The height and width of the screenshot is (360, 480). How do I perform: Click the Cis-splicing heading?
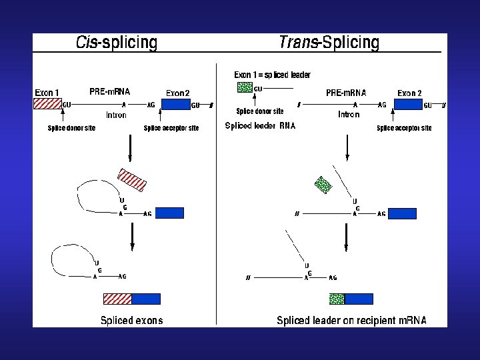117,43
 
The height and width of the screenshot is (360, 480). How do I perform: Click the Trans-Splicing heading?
329,43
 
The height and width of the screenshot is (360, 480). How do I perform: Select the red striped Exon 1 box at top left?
47,103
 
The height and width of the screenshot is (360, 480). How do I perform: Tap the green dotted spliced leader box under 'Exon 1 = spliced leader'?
245,87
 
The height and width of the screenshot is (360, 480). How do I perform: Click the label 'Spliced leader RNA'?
260,125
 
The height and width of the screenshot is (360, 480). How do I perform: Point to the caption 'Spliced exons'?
131,320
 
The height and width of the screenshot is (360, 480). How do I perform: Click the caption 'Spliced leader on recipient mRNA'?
351,320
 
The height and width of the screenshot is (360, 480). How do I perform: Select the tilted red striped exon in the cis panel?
131,179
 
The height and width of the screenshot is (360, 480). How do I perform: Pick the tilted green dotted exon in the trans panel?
323,184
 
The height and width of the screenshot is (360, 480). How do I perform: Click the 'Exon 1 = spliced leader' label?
272,75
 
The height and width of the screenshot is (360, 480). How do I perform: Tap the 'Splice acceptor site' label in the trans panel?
404,128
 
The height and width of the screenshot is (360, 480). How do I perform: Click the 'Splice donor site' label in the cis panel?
71,128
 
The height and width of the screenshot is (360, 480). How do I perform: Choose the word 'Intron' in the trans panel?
349,115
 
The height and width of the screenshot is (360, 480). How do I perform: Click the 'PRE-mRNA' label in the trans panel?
346,93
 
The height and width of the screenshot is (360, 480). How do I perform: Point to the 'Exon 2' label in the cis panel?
178,93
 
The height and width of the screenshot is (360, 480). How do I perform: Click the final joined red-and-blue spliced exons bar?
132,299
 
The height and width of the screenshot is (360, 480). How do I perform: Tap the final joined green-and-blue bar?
351,299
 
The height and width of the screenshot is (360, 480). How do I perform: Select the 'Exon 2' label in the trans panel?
409,93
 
